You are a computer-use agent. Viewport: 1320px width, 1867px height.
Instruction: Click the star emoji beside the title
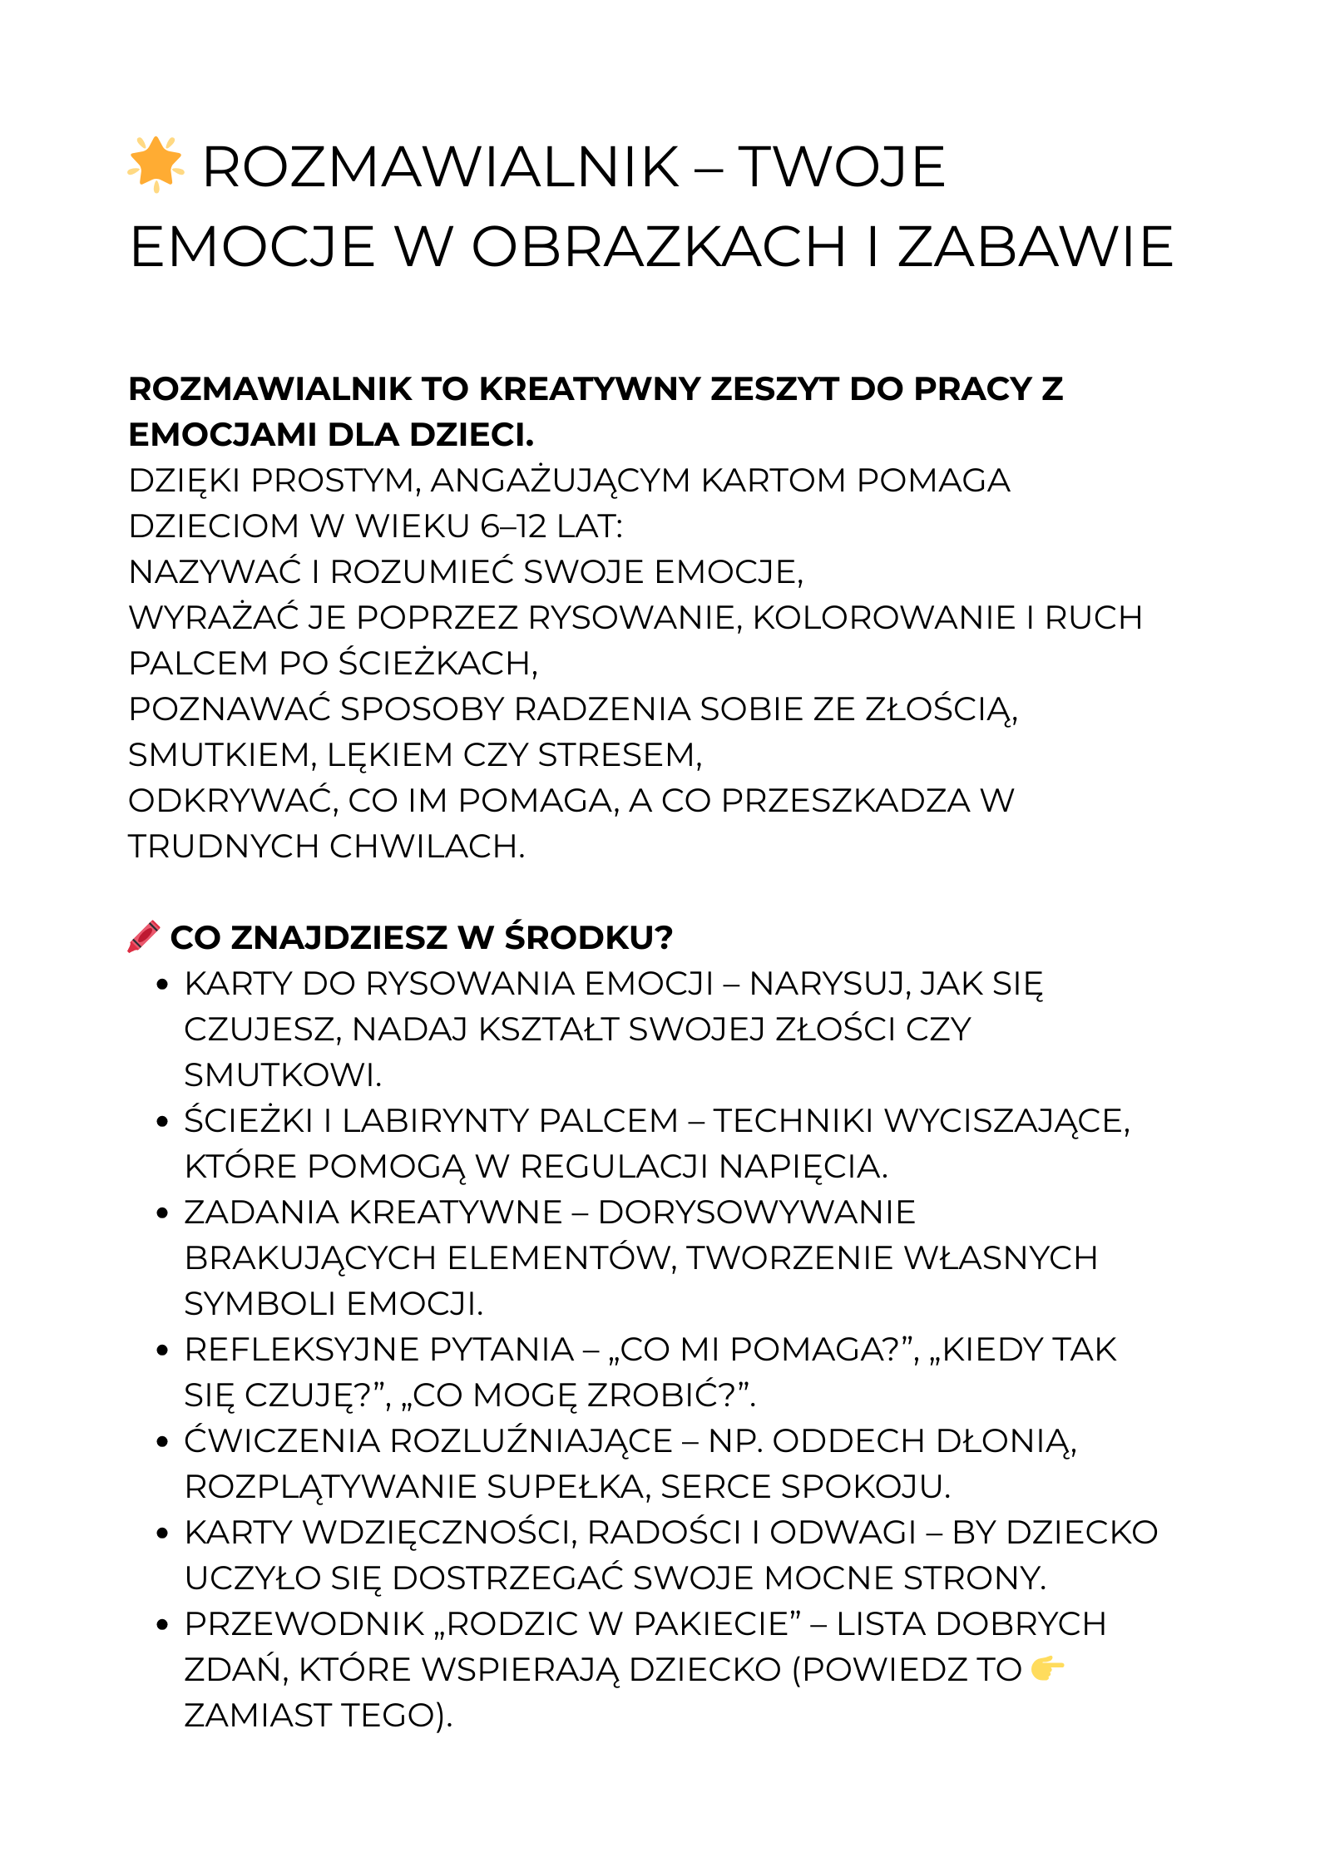(156, 164)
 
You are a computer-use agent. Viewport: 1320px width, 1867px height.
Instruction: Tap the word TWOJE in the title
(841, 167)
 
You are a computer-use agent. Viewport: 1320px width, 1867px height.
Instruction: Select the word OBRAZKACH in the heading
(658, 247)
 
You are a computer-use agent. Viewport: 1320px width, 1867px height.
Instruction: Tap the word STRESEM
(620, 755)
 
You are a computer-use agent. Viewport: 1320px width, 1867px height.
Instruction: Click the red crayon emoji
(144, 936)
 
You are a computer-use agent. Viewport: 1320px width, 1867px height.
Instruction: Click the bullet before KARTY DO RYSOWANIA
(163, 985)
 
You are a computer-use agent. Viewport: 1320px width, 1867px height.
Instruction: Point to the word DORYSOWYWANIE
(756, 1213)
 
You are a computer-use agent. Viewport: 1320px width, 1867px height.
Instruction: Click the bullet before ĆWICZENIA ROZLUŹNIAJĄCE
(163, 1442)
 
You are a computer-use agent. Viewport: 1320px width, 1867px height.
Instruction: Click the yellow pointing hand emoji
(1047, 1668)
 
